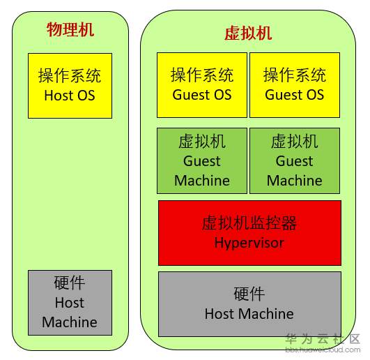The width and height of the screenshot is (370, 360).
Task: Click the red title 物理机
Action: click(70, 29)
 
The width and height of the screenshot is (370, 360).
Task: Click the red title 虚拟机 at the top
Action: click(248, 33)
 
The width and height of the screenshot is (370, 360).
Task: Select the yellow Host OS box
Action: click(70, 85)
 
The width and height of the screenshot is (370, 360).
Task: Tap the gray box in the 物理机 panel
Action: click(70, 302)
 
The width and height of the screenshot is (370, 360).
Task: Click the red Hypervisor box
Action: click(249, 232)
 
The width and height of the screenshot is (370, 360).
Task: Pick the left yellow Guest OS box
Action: click(202, 84)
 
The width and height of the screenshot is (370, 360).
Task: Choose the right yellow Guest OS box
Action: click(295, 84)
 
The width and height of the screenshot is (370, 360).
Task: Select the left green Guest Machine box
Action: click(202, 160)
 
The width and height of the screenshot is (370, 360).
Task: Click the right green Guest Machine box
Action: click(295, 160)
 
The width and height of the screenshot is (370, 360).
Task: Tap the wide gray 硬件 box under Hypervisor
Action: click(249, 303)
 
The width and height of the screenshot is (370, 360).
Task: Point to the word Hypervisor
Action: click(249, 243)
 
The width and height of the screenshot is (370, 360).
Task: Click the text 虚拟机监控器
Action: click(249, 223)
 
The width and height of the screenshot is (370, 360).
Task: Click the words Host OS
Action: click(70, 96)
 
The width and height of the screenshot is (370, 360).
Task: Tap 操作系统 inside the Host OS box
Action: click(70, 75)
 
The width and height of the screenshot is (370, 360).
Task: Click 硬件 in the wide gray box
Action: click(249, 294)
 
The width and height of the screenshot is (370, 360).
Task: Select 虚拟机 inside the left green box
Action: click(202, 142)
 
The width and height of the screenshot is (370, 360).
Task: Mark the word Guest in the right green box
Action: click(295, 161)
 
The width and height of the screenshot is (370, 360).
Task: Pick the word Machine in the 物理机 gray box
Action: click(70, 322)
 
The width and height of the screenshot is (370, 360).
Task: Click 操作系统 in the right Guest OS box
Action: click(295, 75)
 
